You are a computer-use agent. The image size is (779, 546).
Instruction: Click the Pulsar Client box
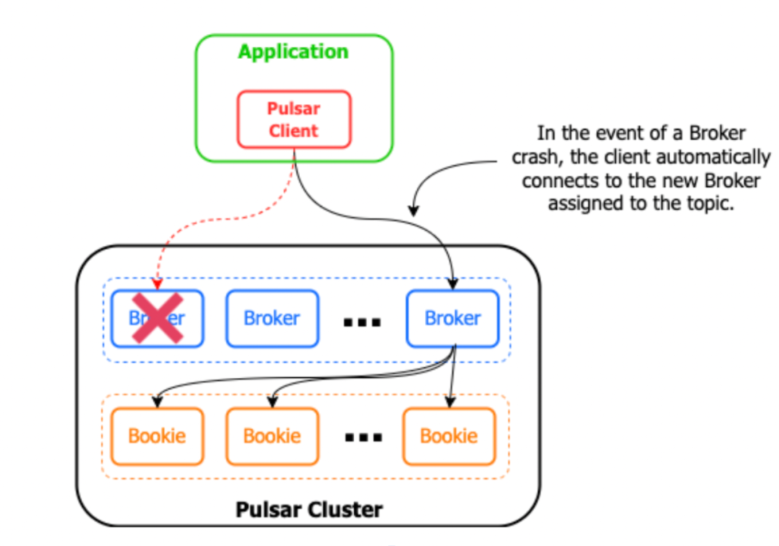click(x=294, y=119)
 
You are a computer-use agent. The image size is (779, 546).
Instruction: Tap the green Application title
click(x=293, y=52)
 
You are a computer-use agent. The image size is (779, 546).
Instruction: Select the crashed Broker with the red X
click(x=157, y=318)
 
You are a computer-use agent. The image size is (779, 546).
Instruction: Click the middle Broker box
click(x=272, y=318)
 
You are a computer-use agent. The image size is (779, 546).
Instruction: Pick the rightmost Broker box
click(x=452, y=318)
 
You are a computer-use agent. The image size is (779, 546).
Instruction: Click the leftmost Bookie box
click(x=157, y=436)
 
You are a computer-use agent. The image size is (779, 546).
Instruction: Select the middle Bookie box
click(x=272, y=436)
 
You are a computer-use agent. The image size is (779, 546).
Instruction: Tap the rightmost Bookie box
click(x=449, y=436)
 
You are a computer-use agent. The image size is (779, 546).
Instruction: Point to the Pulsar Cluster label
click(x=309, y=509)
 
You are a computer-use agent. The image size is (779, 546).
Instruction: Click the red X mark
click(x=157, y=318)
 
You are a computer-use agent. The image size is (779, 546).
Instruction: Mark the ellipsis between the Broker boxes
click(x=361, y=321)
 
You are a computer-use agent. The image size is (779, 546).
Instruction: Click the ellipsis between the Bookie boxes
click(x=361, y=438)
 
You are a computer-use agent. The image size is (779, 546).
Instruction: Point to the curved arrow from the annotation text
click(x=447, y=173)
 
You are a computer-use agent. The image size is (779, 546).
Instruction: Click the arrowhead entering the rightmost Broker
click(x=453, y=284)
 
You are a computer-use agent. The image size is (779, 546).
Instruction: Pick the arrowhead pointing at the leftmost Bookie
click(x=157, y=402)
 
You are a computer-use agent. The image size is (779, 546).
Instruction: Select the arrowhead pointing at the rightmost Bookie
click(x=449, y=402)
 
